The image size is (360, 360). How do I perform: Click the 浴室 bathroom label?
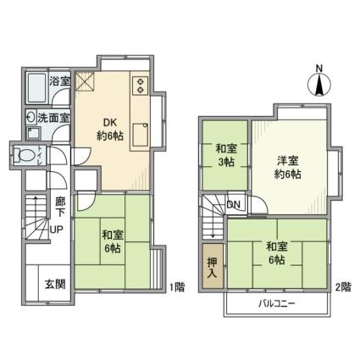[59, 81]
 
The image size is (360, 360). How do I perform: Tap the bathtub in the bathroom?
[36, 87]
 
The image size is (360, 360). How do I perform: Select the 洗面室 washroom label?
[53, 118]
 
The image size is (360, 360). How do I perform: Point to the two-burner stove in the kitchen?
[140, 86]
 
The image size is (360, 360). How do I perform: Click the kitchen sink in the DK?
[141, 135]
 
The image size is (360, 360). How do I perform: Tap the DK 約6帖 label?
[110, 130]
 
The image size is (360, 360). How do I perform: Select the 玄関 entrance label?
[55, 284]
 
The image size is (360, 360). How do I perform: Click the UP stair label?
[57, 230]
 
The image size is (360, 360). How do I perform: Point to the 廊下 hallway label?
[60, 207]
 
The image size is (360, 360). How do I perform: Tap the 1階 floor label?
[177, 287]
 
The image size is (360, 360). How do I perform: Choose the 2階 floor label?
[343, 287]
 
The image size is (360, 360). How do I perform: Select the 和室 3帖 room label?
[226, 155]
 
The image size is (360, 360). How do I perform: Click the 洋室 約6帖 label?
[288, 168]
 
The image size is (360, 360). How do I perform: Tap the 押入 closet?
[213, 266]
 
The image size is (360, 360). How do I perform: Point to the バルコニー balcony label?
[277, 304]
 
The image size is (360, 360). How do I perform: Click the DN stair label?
[234, 205]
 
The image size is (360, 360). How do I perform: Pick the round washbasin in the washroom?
[30, 117]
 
